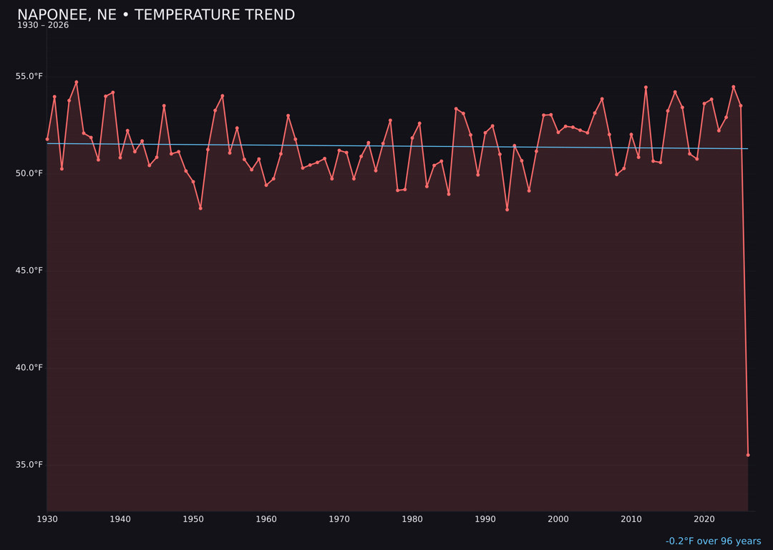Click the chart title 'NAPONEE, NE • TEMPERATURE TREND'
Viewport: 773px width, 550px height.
[156, 15]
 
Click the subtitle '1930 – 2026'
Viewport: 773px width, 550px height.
[43, 26]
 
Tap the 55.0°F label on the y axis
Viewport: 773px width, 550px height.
[29, 77]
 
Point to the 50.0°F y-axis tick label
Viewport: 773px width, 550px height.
[29, 173]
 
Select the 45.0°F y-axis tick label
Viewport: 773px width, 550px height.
[29, 271]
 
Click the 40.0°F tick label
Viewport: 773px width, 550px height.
[29, 367]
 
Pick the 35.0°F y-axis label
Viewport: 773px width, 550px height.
[29, 465]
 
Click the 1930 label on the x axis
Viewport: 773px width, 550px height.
[47, 519]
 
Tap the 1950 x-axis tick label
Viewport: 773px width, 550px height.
[193, 519]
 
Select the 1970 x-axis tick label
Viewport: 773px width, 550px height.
[339, 519]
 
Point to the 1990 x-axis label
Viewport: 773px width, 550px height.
[485, 519]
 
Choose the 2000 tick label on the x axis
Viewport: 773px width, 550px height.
[558, 519]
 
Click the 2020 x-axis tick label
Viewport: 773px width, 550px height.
[704, 519]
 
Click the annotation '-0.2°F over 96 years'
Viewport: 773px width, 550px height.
[713, 541]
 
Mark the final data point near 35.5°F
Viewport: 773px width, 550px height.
[748, 455]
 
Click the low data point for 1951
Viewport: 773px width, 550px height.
[200, 208]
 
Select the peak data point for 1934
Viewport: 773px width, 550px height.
[77, 82]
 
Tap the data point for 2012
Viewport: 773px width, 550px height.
[646, 87]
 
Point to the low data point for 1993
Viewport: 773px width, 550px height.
[507, 209]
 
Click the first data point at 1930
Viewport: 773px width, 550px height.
[47, 139]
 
